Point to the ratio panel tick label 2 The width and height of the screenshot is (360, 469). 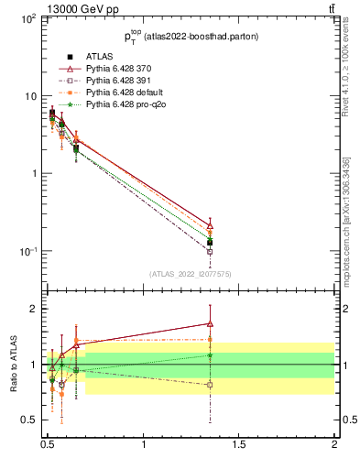coord(34,309)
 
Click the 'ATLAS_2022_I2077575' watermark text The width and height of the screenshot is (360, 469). coord(191,274)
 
